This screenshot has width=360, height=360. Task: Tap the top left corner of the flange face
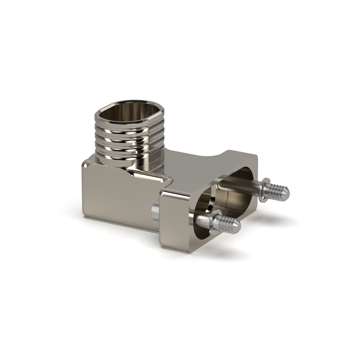coord(164,194)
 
